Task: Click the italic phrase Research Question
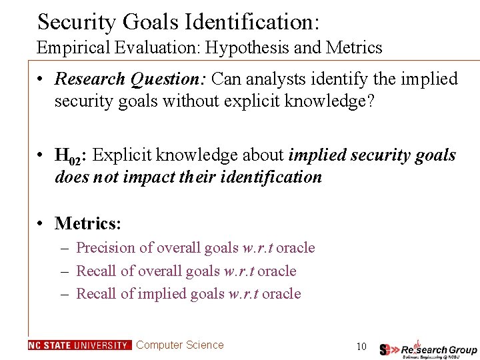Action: click(x=131, y=79)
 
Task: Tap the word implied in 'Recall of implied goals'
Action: click(x=161, y=294)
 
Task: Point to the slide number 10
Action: click(x=361, y=346)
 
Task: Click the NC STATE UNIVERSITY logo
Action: click(x=79, y=345)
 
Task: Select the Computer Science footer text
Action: click(x=179, y=345)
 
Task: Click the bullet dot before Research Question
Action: click(x=41, y=79)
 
